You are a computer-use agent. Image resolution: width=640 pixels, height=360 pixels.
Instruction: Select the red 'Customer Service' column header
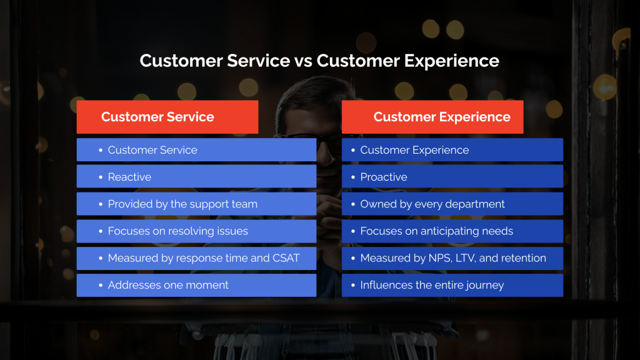(x=167, y=117)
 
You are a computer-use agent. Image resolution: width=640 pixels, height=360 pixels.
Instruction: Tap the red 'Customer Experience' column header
(x=432, y=117)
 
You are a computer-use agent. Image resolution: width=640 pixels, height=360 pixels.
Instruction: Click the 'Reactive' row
(x=196, y=177)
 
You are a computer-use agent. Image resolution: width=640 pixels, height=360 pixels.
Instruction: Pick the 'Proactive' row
(x=452, y=177)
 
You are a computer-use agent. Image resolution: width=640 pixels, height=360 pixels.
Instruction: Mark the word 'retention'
(x=524, y=258)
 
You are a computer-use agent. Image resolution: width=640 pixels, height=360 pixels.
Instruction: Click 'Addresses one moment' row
(x=196, y=285)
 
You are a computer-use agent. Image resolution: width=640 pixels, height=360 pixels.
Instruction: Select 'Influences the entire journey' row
(x=452, y=285)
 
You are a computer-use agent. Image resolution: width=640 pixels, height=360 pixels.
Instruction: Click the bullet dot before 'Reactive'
(x=101, y=177)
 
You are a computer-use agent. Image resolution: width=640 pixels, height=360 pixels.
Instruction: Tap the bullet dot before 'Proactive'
(x=353, y=177)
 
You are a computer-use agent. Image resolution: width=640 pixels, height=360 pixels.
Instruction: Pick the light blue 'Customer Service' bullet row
(x=196, y=150)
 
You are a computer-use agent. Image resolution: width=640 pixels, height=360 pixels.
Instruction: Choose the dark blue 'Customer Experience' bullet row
(x=452, y=150)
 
